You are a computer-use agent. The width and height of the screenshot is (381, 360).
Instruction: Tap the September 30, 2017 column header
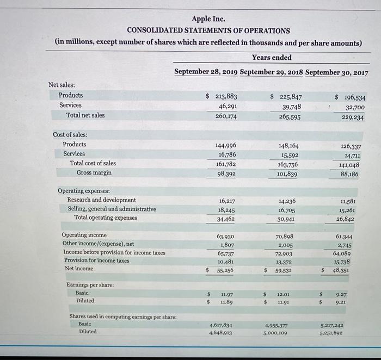337,73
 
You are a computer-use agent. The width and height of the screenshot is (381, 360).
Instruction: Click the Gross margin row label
94,172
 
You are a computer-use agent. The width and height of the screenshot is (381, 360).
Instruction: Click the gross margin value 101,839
287,174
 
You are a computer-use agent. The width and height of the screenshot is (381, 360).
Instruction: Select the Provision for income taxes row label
96,260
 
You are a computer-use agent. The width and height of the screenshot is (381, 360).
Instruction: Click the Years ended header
272,58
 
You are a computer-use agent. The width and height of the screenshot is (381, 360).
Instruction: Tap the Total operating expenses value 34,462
226,219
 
